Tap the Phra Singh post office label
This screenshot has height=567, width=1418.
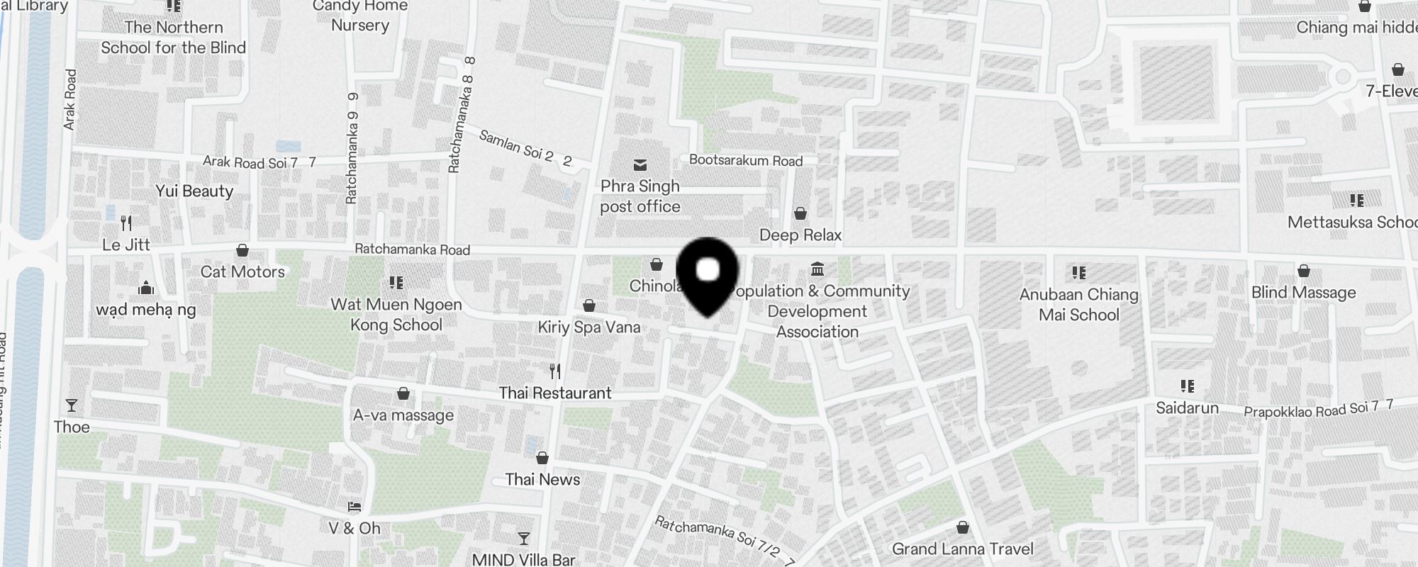coord(640,196)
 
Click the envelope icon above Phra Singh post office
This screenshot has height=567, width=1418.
coord(640,166)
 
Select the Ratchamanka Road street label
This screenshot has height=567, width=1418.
coord(412,249)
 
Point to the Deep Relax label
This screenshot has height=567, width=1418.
coord(800,235)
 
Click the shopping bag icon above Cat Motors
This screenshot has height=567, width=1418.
coord(242,250)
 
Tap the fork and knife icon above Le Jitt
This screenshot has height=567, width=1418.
coord(126,223)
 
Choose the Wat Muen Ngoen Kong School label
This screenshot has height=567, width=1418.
coord(396,315)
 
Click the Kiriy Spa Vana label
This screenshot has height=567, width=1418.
coord(588,327)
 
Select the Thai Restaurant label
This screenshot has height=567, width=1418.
coord(554,393)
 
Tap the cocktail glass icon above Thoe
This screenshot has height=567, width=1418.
coord(72,405)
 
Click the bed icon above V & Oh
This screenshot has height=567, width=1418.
coord(354,507)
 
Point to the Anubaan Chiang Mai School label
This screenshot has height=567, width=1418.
coord(1078,305)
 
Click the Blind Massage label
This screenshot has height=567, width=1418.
coord(1303,293)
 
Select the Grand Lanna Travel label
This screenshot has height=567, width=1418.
coord(962,549)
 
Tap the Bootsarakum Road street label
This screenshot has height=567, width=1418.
coord(746,161)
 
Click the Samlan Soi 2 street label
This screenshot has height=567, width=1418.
coord(525,148)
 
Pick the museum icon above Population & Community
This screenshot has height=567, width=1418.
coord(817,269)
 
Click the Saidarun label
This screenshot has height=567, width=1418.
coord(1187,408)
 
